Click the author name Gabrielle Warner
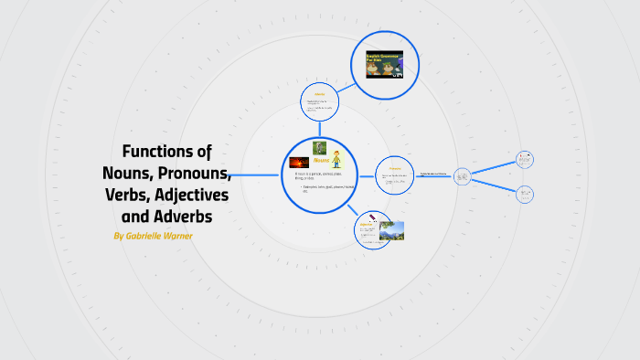[x=153, y=236]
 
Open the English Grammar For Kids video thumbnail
[x=385, y=64]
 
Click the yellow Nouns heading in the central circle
[x=321, y=160]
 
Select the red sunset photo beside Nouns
[x=298, y=163]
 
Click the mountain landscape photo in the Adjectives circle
[x=391, y=230]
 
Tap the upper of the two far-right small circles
[x=525, y=159]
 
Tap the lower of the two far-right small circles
[x=525, y=193]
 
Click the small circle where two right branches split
[x=462, y=175]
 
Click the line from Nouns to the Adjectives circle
[x=353, y=209]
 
